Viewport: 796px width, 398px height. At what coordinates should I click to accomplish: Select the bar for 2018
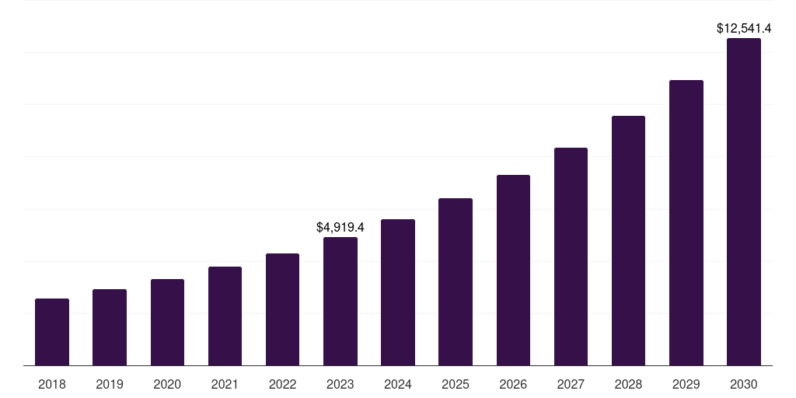[x=52, y=332]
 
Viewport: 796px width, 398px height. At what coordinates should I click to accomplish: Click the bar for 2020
[x=167, y=322]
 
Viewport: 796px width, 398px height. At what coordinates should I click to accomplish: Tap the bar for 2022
[x=282, y=309]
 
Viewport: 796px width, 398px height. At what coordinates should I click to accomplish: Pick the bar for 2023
[x=340, y=301]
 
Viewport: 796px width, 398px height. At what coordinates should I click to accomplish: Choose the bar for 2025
[x=456, y=281]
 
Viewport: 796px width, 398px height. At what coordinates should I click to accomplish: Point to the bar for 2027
[x=571, y=257]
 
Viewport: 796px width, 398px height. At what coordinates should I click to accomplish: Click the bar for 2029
[x=686, y=222]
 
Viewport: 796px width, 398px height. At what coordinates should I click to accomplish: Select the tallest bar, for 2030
[x=744, y=201]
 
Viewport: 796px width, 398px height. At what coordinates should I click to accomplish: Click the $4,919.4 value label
[x=340, y=228]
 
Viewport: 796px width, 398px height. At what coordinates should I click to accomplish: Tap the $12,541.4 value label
[x=744, y=29]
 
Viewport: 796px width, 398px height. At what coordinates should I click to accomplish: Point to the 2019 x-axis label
[x=110, y=384]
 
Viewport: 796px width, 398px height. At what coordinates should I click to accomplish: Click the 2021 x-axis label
[x=225, y=384]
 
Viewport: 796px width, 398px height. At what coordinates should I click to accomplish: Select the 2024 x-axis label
[x=398, y=384]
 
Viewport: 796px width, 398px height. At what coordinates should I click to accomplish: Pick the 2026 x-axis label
[x=513, y=384]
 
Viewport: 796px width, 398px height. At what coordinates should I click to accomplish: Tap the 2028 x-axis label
[x=628, y=384]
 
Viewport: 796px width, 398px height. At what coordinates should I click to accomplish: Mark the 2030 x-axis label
[x=744, y=384]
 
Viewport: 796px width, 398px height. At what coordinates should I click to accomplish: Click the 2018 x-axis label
[x=52, y=384]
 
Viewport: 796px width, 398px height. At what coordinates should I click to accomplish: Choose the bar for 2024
[x=398, y=292]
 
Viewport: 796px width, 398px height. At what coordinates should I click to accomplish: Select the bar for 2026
[x=513, y=270]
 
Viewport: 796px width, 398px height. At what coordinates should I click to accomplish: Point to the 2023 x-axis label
[x=340, y=384]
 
